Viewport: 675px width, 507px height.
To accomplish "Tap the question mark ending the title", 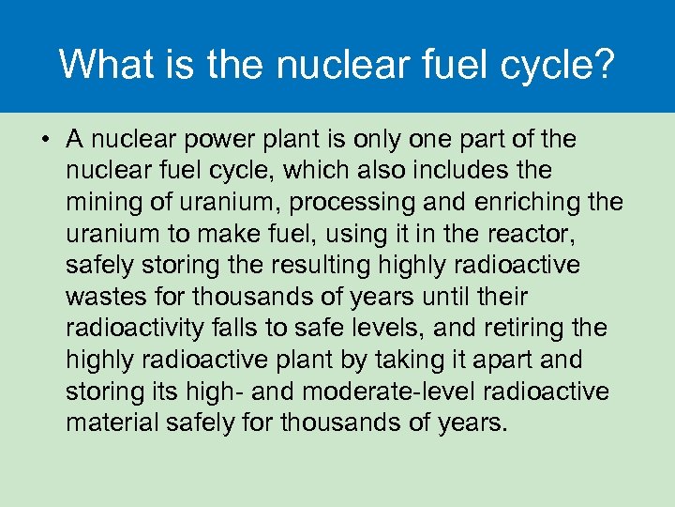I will click(605, 65).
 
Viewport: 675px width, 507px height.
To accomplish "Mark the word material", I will click(111, 422).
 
